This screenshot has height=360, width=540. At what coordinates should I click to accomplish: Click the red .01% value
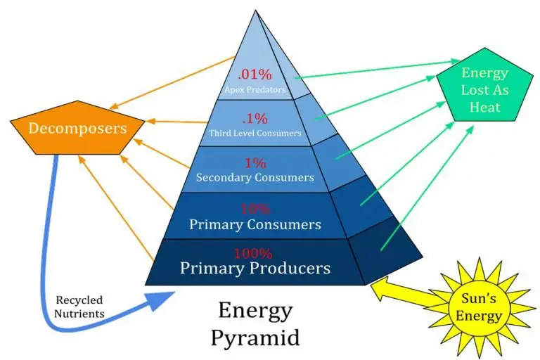click(x=254, y=75)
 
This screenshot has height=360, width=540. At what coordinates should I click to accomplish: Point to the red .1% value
click(x=255, y=117)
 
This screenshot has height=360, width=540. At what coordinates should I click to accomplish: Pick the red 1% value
click(x=256, y=162)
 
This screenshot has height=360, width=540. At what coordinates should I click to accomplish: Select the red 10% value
click(x=255, y=210)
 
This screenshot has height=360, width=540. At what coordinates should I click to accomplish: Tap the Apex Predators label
click(x=255, y=89)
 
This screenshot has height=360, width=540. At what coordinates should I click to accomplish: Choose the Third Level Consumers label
click(x=255, y=133)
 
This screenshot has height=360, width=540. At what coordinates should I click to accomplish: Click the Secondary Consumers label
click(x=255, y=177)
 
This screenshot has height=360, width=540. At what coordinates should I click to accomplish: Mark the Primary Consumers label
click(x=255, y=224)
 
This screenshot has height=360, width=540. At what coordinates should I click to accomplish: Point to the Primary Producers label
click(x=255, y=268)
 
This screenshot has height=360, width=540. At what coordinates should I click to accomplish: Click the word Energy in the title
click(x=255, y=309)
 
